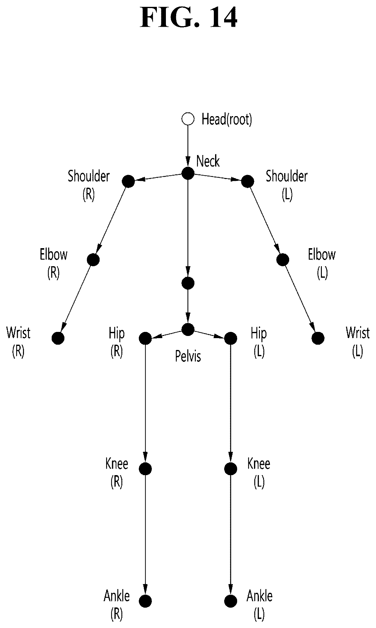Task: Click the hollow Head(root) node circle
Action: coord(188,119)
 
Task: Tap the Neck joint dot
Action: coord(188,173)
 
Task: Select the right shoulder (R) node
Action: coord(128,181)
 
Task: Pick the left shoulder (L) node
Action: coord(247,181)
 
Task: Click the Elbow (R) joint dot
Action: coord(93,259)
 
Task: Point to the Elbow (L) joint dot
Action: coord(283,259)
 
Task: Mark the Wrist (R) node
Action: coord(58,338)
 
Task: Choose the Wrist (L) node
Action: coord(318,338)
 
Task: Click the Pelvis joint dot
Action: coord(188,329)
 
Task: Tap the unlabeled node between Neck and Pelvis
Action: coord(188,283)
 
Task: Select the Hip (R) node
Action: coord(145,338)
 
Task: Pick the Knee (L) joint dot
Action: coord(230,468)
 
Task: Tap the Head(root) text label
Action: coord(227,119)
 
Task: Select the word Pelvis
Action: coord(188,356)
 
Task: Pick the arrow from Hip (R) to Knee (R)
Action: coord(145,403)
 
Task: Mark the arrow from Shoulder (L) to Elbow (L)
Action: coord(265,220)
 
